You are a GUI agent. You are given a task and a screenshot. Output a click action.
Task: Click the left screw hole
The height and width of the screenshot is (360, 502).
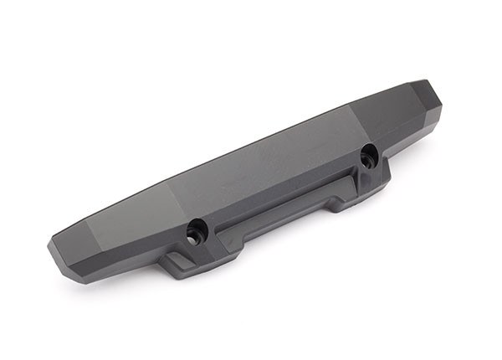pyautogui.click(x=195, y=228)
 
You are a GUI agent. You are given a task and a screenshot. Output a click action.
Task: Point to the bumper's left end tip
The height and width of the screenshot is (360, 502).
pyautogui.click(x=52, y=245)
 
